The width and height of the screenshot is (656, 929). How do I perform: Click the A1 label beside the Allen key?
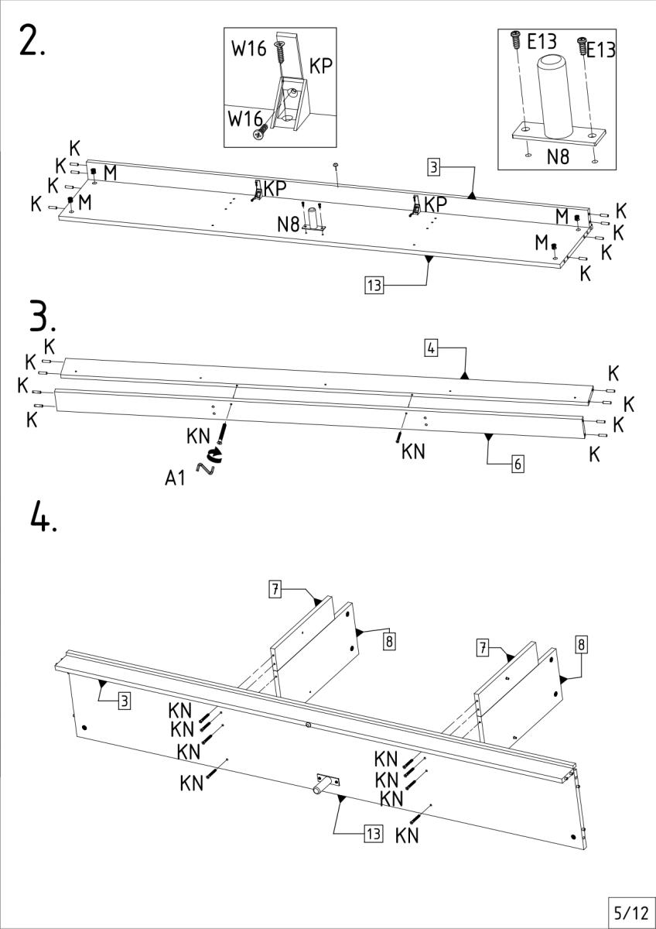(176, 478)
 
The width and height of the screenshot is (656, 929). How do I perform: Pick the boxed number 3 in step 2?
(435, 166)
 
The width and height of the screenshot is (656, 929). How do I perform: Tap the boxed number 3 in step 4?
(124, 702)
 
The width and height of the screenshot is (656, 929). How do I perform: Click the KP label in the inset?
(322, 67)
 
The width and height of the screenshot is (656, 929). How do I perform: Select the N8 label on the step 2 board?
(289, 225)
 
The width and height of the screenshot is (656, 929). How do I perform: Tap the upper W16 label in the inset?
(248, 48)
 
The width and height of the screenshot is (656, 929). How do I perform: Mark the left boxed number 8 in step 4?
(389, 641)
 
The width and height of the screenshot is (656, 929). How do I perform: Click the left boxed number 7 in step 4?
(275, 588)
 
